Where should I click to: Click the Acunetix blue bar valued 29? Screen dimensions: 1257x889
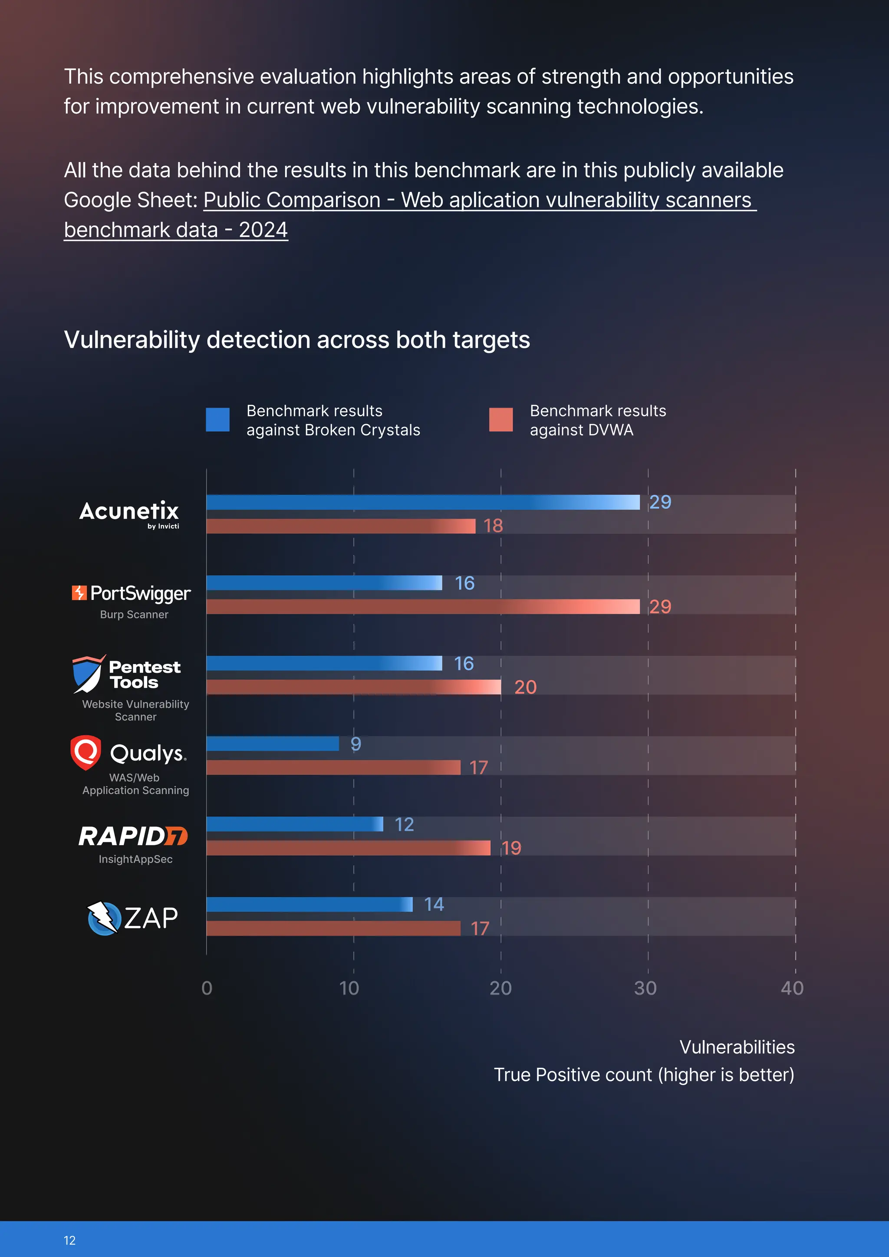423,502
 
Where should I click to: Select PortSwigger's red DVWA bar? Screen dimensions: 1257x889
423,607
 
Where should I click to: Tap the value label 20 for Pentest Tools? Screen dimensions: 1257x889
525,687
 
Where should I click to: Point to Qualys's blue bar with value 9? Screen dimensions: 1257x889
273,744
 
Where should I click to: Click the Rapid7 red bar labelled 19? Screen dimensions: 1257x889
348,848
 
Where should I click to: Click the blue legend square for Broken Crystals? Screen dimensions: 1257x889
217,419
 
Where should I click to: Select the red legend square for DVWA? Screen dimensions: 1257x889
501,419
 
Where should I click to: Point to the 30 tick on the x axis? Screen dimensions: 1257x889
645,988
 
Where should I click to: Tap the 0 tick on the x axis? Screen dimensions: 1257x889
207,988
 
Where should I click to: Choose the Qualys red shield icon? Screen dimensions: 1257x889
86,752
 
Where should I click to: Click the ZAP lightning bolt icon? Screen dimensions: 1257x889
103,918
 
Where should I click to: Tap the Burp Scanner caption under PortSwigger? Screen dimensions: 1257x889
134,614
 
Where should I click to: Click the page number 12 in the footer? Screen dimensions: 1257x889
69,1241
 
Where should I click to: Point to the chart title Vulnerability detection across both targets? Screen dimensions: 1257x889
297,340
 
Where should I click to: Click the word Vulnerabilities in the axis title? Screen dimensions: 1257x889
737,1047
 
